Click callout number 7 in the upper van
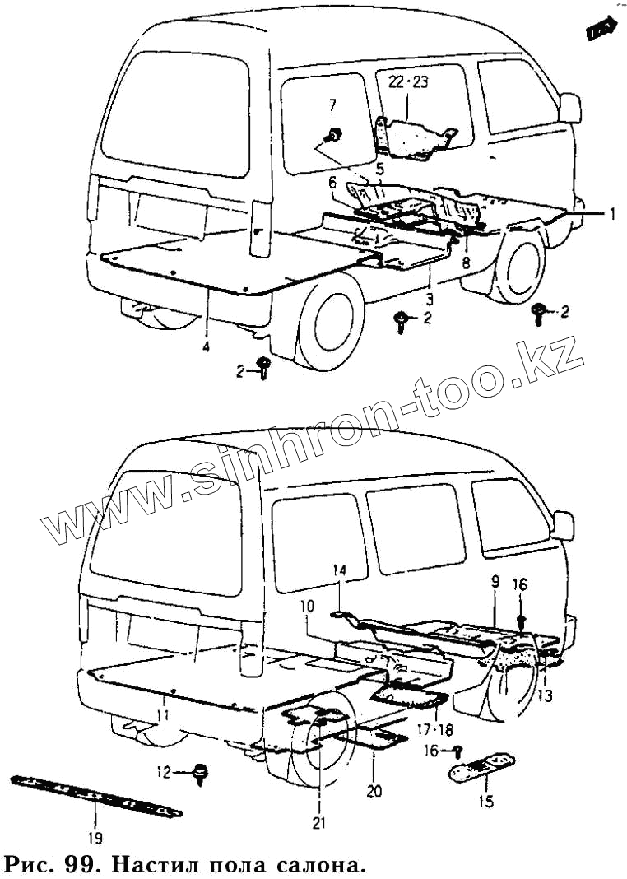coord(333,105)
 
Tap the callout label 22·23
coord(408,82)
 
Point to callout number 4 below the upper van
coord(206,347)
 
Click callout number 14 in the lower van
coord(341,570)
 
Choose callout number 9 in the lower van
coord(495,582)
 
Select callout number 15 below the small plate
coord(486,801)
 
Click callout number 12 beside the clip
coord(163,772)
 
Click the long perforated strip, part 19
coord(95,798)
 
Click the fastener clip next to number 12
coord(198,774)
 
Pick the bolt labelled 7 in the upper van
coord(334,133)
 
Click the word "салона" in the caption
coord(316,866)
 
